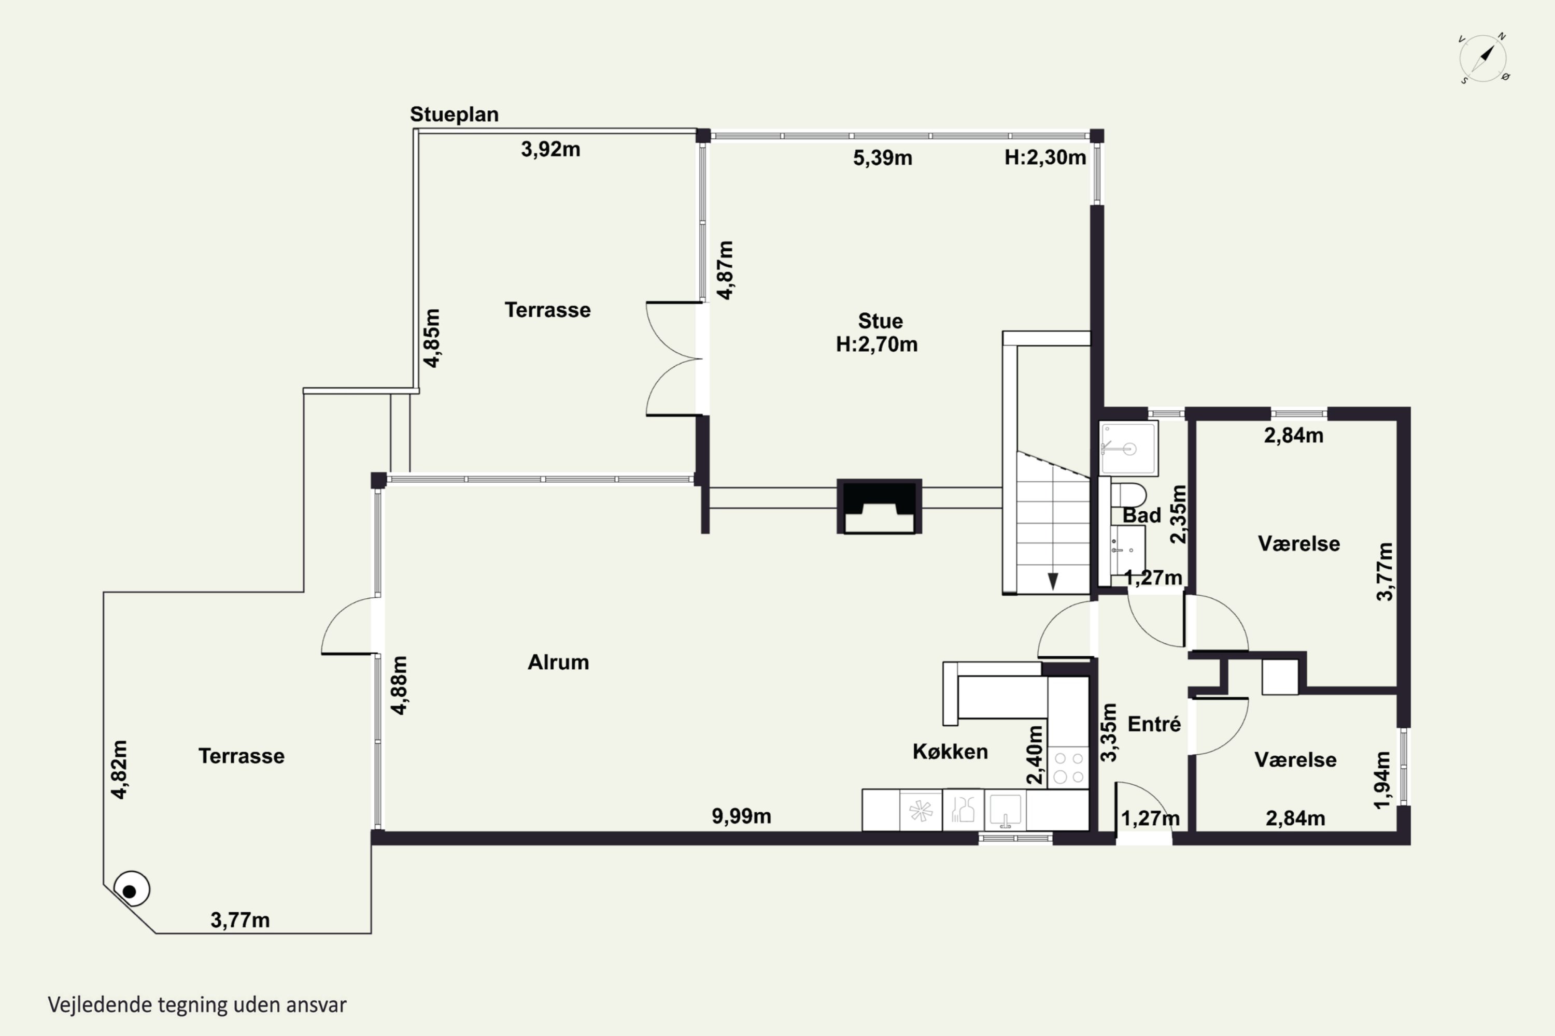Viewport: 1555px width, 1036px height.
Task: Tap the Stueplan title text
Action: tap(454, 114)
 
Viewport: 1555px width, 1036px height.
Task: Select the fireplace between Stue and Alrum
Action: tap(879, 506)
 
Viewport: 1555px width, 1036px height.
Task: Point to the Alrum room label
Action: tap(558, 662)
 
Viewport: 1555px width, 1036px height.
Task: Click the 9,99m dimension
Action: tap(741, 816)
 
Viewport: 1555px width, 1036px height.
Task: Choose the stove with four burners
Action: tap(1068, 767)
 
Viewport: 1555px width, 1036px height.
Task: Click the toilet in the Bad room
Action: tap(1128, 494)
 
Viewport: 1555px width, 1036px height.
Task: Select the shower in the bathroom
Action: tap(1128, 449)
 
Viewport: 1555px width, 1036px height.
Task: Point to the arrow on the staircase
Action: tap(1053, 581)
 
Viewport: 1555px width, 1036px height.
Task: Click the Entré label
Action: tap(1154, 724)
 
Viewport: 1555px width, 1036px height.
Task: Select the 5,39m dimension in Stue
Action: tap(883, 158)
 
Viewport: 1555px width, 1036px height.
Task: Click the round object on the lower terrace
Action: tap(132, 889)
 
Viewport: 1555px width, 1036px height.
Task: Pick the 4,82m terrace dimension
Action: tap(119, 770)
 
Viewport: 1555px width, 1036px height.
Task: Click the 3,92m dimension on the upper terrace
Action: tap(550, 149)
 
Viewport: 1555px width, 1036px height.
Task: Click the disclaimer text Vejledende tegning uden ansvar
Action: tap(197, 1005)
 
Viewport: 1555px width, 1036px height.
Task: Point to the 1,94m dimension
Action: tap(1382, 780)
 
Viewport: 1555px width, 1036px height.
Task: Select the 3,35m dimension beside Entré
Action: tap(1108, 732)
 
